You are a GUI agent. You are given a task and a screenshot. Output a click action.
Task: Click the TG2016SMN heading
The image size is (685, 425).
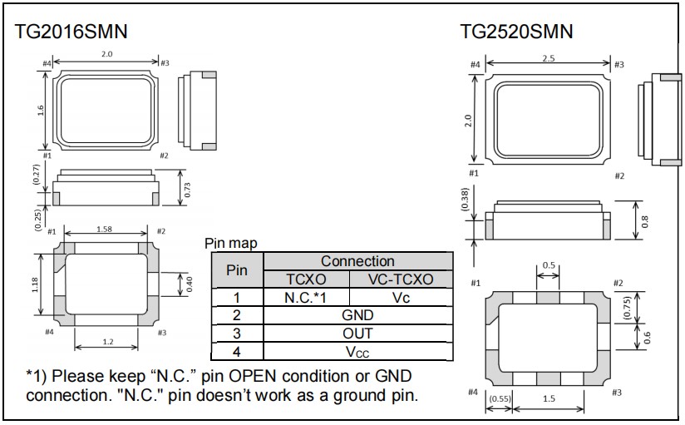[x=71, y=32]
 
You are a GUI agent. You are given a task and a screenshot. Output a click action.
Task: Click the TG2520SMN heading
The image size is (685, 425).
[x=516, y=32]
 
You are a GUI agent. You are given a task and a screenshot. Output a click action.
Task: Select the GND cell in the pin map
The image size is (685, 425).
[x=357, y=315]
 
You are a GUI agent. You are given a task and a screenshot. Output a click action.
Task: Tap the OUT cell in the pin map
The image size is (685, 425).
[x=357, y=334]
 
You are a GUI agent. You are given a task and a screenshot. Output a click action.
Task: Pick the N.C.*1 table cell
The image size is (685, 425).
[x=306, y=297]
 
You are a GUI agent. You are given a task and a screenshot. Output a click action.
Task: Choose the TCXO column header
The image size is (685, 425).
[x=306, y=279]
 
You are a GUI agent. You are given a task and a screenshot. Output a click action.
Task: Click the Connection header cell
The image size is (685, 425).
[x=357, y=261]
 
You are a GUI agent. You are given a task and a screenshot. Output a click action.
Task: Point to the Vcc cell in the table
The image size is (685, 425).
[x=357, y=352]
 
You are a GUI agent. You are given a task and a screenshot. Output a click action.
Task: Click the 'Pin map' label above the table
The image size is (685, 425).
[x=230, y=244]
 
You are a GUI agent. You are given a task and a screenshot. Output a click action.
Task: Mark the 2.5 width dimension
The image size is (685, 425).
[x=548, y=58]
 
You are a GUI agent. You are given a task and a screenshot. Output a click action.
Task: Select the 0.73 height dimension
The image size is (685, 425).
[x=187, y=190]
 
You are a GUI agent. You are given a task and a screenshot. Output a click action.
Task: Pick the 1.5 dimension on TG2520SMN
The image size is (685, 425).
[x=548, y=399]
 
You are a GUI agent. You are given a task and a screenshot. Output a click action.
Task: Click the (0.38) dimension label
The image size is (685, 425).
[x=466, y=199]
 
